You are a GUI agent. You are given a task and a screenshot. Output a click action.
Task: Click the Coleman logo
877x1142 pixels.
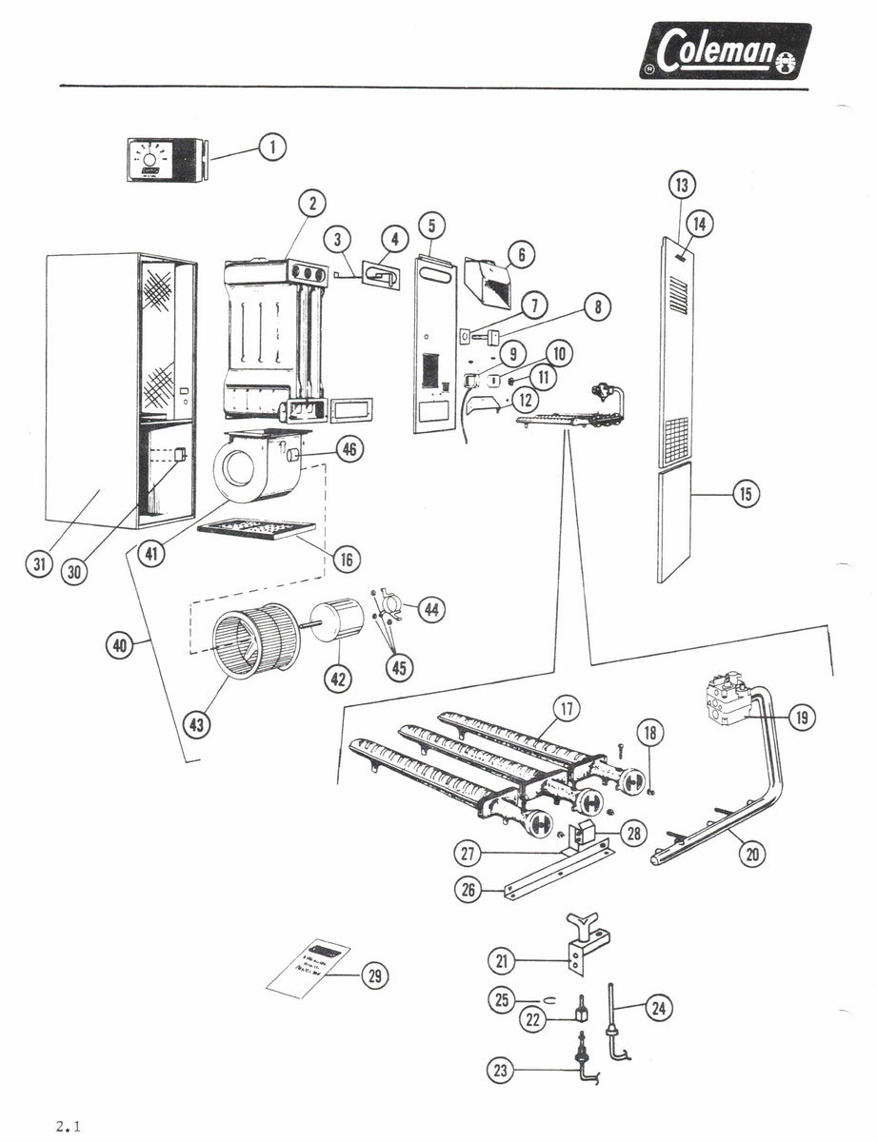725,50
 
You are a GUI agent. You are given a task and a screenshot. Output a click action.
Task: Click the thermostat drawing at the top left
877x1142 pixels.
166,159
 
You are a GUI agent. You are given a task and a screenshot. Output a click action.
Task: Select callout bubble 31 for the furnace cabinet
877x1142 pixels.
39,564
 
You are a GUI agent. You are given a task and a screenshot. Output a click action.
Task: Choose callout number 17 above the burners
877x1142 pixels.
568,708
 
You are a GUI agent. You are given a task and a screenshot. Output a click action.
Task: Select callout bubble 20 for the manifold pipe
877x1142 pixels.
753,855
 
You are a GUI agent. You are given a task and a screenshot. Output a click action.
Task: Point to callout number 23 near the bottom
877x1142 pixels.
500,1071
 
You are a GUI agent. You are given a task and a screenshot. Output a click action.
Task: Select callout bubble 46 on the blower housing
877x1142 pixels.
349,450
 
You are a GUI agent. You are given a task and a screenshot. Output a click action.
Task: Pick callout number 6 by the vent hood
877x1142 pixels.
520,255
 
